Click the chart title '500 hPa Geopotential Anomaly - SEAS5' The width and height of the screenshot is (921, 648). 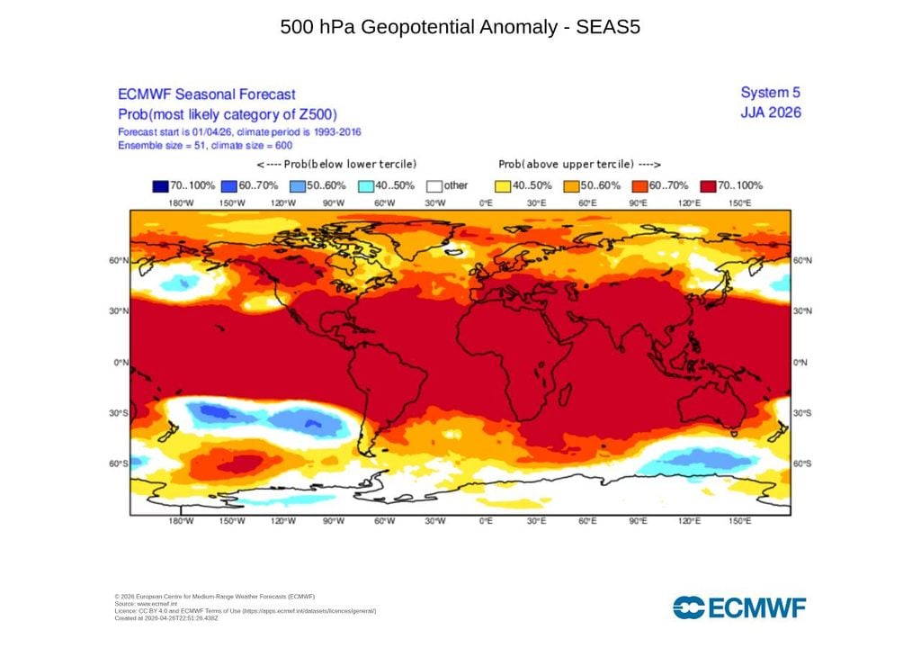pos(460,27)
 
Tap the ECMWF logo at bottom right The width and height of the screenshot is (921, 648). pos(739,607)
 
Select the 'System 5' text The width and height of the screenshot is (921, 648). pos(770,93)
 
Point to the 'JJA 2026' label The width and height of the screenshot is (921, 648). pos(770,112)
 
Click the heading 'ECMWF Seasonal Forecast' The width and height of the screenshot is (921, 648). pos(207,94)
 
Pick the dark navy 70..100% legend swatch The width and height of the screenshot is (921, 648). pos(160,186)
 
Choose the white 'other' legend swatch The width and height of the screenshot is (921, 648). pos(434,186)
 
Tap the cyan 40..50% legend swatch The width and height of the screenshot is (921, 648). pos(365,186)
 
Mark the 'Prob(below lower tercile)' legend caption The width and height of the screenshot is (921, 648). pos(336,165)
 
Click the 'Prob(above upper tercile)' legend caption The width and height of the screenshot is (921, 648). pos(580,165)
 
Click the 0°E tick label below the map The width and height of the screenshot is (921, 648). pos(486,522)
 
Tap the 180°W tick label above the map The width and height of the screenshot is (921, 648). pos(181,203)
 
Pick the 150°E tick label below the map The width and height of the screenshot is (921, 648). pos(739,522)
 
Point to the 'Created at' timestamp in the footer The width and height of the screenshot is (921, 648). pos(166,618)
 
